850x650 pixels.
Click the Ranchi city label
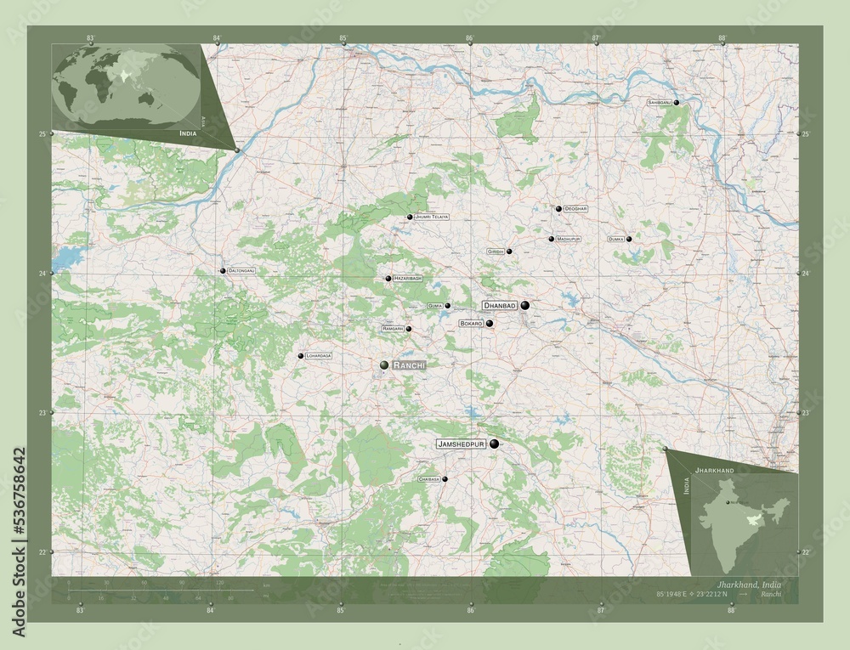click(x=410, y=365)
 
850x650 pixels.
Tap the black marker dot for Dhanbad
click(x=525, y=305)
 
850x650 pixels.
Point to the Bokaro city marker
click(x=490, y=323)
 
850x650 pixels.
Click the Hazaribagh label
click(x=408, y=279)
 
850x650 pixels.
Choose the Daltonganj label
click(x=241, y=270)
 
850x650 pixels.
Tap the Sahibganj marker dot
click(x=677, y=102)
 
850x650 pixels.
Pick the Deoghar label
click(x=575, y=208)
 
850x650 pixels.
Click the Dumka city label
click(x=616, y=240)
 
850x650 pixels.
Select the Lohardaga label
click(x=319, y=356)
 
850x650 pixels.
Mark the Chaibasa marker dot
click(x=445, y=479)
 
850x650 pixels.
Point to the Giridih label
click(x=496, y=252)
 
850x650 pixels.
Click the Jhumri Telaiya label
click(x=432, y=218)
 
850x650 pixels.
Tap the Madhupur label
click(x=569, y=240)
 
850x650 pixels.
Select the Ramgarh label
click(x=392, y=329)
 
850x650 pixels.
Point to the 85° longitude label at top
click(x=343, y=38)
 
